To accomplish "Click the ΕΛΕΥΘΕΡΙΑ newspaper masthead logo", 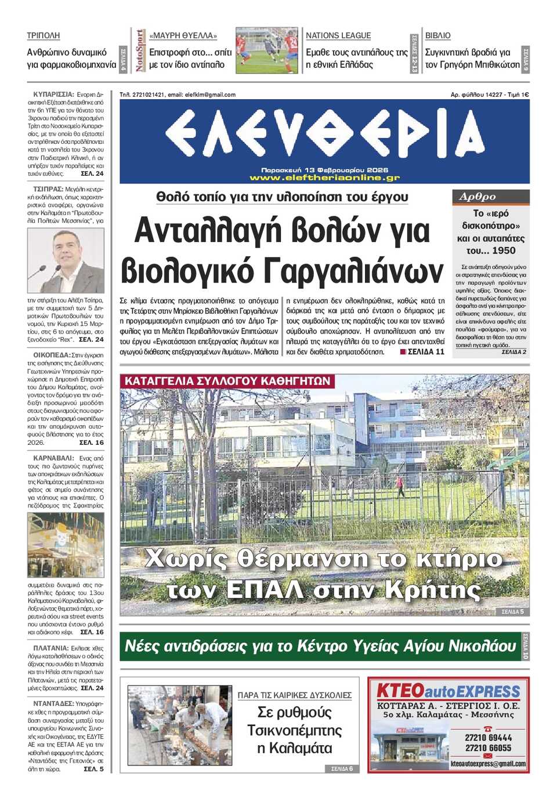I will click(x=324, y=134).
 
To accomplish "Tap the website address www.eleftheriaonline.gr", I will click(x=324, y=177).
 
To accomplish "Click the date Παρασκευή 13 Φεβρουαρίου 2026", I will click(x=324, y=171).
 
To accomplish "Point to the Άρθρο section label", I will click(x=478, y=197).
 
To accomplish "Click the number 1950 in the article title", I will click(x=502, y=251).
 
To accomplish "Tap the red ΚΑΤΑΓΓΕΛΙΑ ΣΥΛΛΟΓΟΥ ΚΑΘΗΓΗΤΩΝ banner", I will click(x=227, y=381).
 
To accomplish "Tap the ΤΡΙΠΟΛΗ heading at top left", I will click(x=43, y=35).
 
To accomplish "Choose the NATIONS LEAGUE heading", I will click(x=338, y=35).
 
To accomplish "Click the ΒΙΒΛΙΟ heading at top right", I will click(x=437, y=35).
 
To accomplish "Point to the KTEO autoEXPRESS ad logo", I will click(x=448, y=691).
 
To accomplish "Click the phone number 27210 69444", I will click(x=488, y=738).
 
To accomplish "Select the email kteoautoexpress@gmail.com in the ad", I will click(x=488, y=764).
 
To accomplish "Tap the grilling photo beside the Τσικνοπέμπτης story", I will click(x=179, y=725).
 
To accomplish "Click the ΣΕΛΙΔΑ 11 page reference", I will click(x=425, y=351).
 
